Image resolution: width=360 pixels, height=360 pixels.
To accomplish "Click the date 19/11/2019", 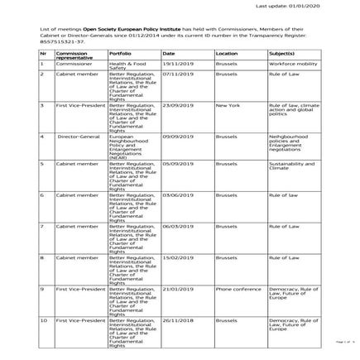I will coord(177,63).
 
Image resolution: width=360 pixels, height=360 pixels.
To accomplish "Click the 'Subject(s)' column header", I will coord(281,52).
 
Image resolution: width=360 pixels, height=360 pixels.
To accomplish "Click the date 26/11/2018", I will coord(177,319).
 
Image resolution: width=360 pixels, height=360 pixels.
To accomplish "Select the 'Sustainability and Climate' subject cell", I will coord(291,166).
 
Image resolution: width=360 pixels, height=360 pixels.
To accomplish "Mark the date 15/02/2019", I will coord(177,257).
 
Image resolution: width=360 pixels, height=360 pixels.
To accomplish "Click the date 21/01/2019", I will coord(177,288).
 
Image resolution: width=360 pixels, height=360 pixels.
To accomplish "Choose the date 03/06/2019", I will coord(177,196).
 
